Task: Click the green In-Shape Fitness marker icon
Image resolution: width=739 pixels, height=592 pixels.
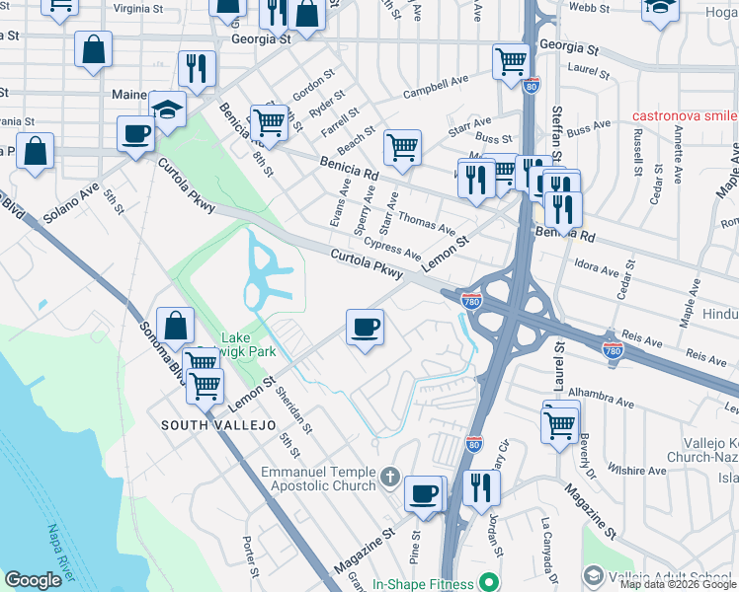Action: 485,583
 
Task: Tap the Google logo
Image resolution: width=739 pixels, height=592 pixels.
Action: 33,580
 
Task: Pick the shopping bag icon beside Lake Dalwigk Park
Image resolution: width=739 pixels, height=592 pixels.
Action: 175,326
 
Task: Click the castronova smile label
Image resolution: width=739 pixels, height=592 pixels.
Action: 685,115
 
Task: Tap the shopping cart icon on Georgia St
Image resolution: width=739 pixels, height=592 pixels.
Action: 511,61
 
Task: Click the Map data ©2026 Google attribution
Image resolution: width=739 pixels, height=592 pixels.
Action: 678,584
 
